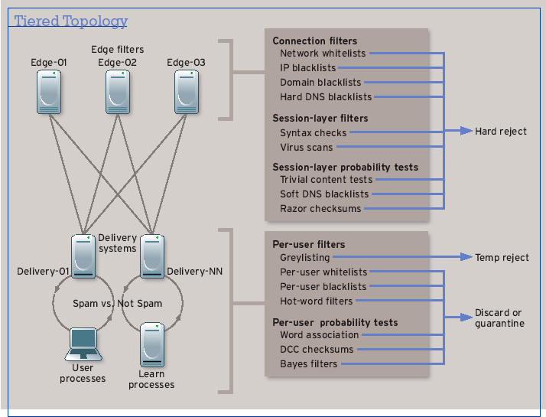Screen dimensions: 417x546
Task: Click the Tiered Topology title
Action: [70, 21]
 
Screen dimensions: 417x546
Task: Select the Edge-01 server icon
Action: [49, 93]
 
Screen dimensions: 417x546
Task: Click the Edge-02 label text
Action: [118, 62]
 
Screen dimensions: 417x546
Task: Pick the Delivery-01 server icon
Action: [83, 256]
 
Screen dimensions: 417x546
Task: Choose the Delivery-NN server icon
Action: [153, 256]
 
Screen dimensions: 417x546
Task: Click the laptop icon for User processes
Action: [83, 344]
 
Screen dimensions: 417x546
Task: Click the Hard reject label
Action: [501, 132]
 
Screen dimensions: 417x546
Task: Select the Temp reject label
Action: [502, 258]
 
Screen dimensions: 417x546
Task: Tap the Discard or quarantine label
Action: [499, 318]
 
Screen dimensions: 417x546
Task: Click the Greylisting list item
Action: [305, 258]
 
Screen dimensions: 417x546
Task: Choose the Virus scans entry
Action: [307, 148]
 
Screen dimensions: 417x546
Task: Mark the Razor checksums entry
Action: [320, 209]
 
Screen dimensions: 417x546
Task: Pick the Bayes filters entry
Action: [308, 364]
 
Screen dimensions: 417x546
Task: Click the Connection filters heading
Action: [314, 41]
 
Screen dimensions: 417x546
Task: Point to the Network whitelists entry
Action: [323, 54]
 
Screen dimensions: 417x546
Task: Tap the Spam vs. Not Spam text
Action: [117, 304]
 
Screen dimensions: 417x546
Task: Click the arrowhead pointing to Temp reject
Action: [466, 258]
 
